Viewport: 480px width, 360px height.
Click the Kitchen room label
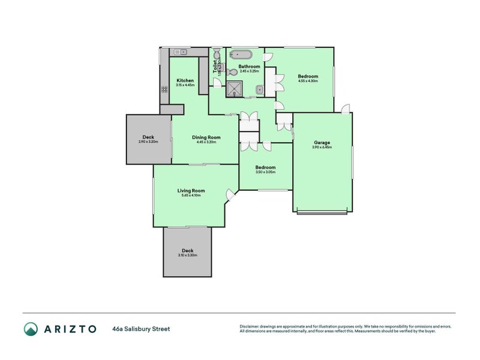pos(185,80)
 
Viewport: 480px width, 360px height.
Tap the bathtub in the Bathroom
pos(244,54)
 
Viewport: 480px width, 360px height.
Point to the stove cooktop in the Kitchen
pos(164,89)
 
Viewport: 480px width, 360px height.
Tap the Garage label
pos(322,142)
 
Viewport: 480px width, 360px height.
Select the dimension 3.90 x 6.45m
pos(322,148)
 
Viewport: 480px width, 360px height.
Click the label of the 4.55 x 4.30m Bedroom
pos(308,76)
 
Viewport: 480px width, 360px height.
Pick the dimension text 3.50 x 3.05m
pos(265,172)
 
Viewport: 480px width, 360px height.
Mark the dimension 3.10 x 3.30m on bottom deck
pos(187,256)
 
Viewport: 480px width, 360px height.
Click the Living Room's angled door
pos(230,194)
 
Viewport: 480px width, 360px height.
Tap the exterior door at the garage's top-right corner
pos(346,108)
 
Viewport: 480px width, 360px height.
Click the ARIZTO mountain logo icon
pos(31,329)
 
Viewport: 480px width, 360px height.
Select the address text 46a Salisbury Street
pos(140,329)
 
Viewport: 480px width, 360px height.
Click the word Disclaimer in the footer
pos(251,326)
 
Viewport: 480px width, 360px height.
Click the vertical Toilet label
pos(215,65)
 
